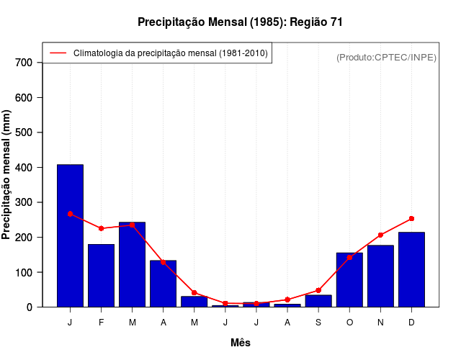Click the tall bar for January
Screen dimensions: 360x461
(x=70, y=235)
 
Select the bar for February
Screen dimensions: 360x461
(x=101, y=276)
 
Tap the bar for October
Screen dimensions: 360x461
(x=349, y=280)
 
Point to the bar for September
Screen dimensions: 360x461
(x=318, y=301)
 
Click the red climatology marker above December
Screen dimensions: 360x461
(x=411, y=218)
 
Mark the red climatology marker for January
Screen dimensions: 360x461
(x=70, y=214)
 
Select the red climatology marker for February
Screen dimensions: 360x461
(x=101, y=228)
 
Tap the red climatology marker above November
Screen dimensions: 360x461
(x=380, y=235)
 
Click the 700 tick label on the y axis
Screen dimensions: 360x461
(x=24, y=63)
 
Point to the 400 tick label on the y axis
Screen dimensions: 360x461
(x=24, y=168)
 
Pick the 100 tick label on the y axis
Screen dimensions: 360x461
(x=24, y=273)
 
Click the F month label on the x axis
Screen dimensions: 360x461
(x=101, y=323)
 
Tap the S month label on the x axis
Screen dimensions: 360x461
(x=318, y=323)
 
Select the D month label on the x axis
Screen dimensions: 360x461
(x=411, y=323)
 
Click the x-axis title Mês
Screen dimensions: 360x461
(x=241, y=343)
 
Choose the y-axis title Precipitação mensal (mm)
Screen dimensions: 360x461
(x=7, y=180)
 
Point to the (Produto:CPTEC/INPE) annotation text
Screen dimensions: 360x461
(x=386, y=57)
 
